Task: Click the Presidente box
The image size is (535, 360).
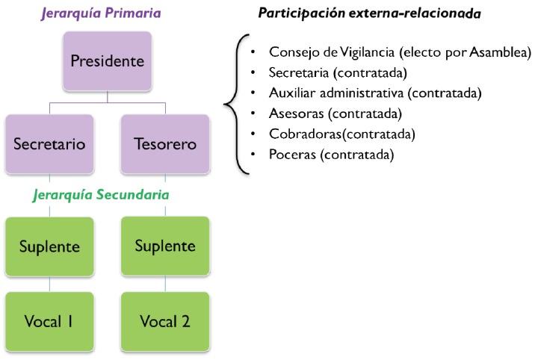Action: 107,59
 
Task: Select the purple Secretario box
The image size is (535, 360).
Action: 49,143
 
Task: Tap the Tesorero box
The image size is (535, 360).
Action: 166,143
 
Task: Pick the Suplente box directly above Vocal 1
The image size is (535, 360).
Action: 49,246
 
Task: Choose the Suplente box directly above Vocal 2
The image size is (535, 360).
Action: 166,246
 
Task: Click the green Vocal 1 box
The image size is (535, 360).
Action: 49,321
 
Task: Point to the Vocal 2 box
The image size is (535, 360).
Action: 166,321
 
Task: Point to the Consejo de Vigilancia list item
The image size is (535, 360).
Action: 400,52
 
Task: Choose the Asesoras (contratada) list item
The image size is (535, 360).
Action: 335,114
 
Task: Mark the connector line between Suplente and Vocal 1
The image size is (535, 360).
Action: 49,283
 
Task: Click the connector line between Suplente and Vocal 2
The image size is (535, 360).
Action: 166,283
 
